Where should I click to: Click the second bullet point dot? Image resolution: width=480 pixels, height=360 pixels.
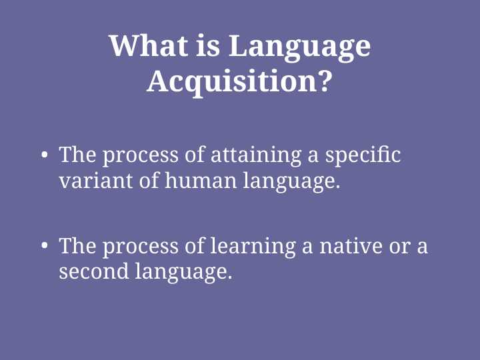point(45,247)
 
